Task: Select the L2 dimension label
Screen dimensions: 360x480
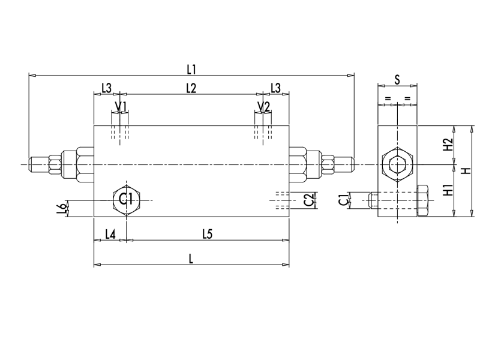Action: (x=191, y=88)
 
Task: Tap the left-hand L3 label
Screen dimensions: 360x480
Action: (x=106, y=88)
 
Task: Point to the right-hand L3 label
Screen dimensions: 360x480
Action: (x=275, y=88)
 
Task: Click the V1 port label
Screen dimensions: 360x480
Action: (x=121, y=107)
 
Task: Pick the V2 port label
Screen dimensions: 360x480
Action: (x=263, y=107)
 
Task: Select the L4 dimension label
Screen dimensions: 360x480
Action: (x=110, y=234)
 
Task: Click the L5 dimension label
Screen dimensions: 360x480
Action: (x=207, y=234)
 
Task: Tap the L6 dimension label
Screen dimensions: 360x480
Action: (x=60, y=208)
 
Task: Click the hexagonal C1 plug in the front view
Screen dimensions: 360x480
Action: (x=126, y=200)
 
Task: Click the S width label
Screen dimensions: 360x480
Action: (x=397, y=79)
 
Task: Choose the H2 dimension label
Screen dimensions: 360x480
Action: (x=446, y=145)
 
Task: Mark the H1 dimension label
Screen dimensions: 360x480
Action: (x=446, y=191)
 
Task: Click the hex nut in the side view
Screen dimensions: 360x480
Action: (x=397, y=164)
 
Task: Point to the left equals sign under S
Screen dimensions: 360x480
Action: (x=388, y=98)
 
